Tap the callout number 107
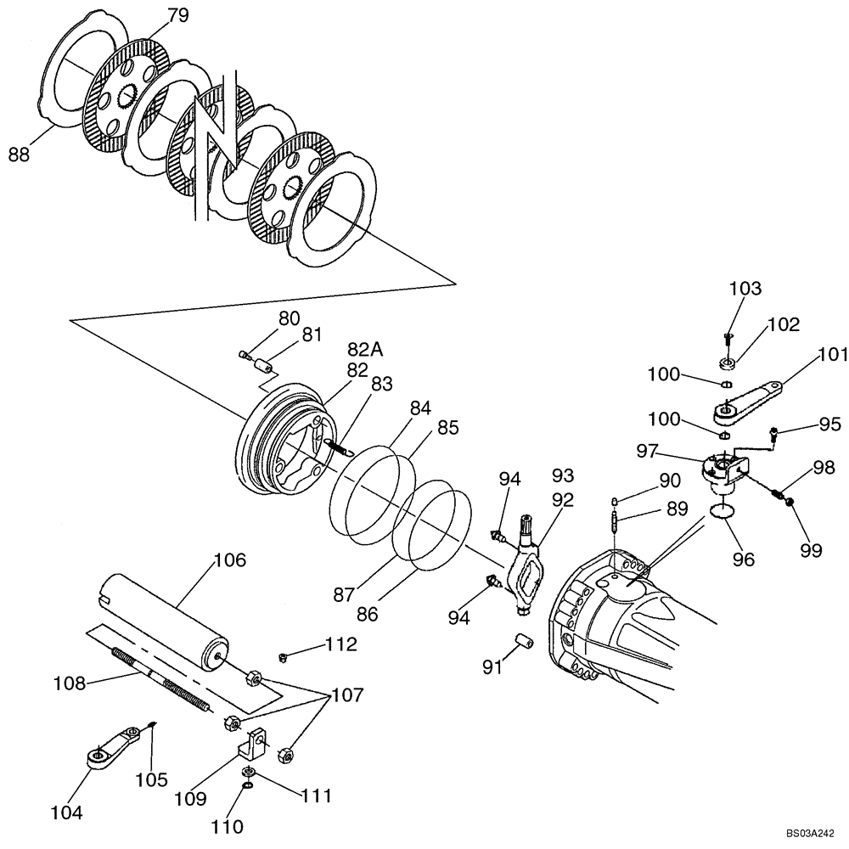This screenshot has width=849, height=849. point(346,695)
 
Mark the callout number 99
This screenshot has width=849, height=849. point(811,551)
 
